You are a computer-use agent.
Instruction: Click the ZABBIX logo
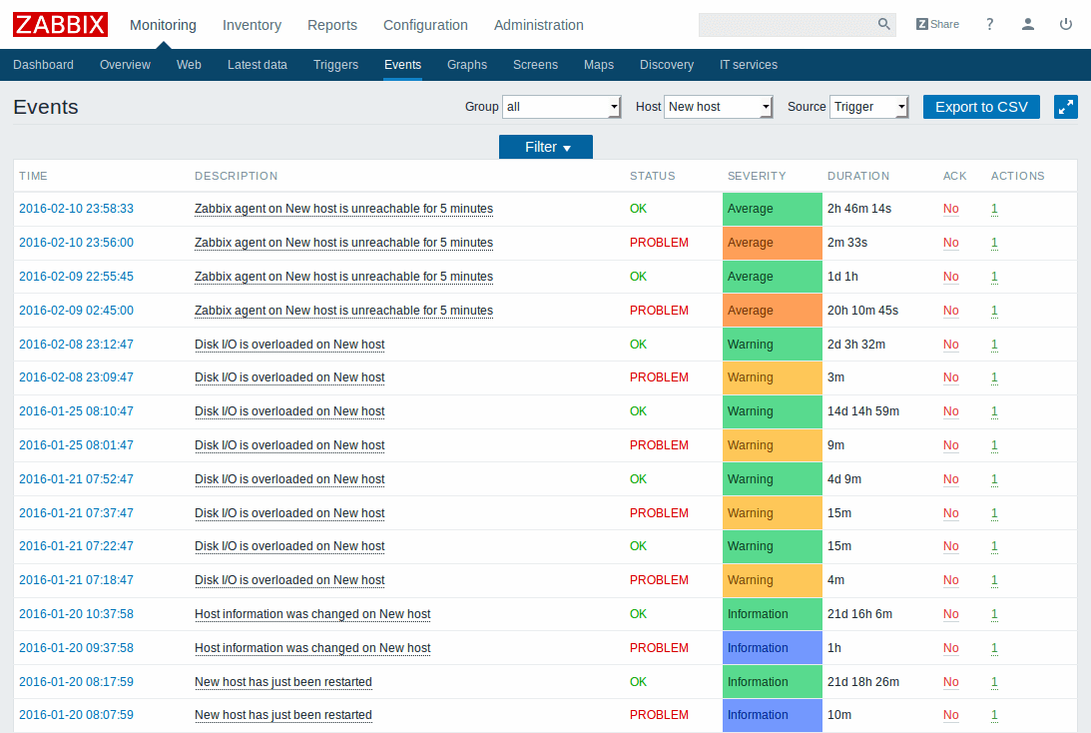coord(60,24)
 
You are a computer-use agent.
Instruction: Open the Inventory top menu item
coord(252,25)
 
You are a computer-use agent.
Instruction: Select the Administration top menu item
coord(538,25)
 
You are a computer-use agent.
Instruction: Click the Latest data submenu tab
coord(257,65)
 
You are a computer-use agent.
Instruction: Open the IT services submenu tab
coord(748,65)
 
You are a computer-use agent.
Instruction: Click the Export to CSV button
coord(981,107)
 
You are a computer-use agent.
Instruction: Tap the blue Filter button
coord(546,147)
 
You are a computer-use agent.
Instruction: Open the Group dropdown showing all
coord(562,107)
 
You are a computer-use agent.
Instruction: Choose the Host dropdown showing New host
coord(719,107)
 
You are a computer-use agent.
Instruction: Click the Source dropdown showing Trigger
coord(868,107)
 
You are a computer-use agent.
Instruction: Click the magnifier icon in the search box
coord(883,24)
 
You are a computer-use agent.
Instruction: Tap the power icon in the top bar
coord(1066,24)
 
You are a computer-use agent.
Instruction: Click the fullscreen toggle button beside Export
coord(1066,107)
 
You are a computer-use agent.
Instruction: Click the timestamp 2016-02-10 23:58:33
coord(76,209)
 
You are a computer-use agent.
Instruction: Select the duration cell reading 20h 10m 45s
coord(862,311)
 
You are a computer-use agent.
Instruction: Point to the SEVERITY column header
coord(757,176)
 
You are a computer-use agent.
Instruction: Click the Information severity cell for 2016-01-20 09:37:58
coord(772,648)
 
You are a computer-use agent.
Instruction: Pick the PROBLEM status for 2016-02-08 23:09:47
coord(659,377)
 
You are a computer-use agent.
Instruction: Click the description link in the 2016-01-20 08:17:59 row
coord(283,682)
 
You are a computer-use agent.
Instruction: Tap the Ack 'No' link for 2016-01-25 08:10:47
coord(950,411)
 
